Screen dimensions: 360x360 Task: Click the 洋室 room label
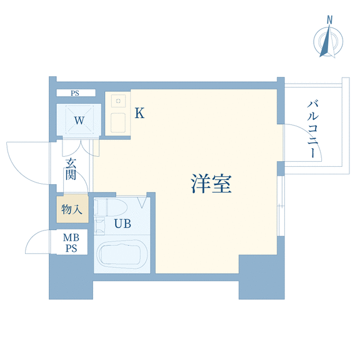point(211,184)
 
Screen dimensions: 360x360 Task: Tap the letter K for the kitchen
point(139,113)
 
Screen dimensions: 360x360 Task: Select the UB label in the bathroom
point(122,223)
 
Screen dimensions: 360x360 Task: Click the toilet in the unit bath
point(111,207)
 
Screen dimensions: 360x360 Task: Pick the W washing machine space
point(79,120)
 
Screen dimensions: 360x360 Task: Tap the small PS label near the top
point(75,93)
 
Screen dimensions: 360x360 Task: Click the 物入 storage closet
point(72,209)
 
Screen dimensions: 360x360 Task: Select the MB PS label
point(71,243)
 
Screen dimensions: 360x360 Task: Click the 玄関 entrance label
point(71,169)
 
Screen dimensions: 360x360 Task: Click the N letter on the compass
point(330,20)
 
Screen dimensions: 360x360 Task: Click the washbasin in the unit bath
point(99,226)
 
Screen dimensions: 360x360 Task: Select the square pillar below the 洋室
point(262,277)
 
